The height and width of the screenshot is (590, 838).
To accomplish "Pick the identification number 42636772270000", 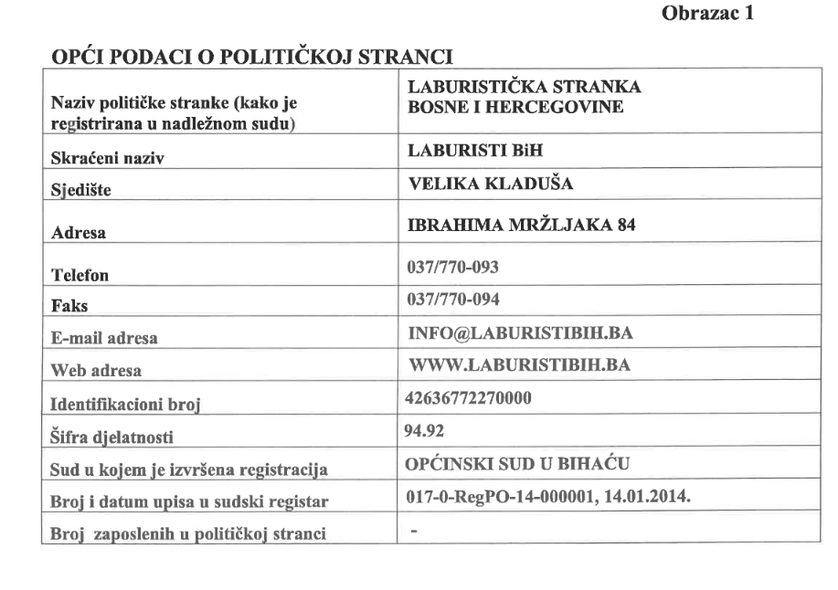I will tap(465, 399).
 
